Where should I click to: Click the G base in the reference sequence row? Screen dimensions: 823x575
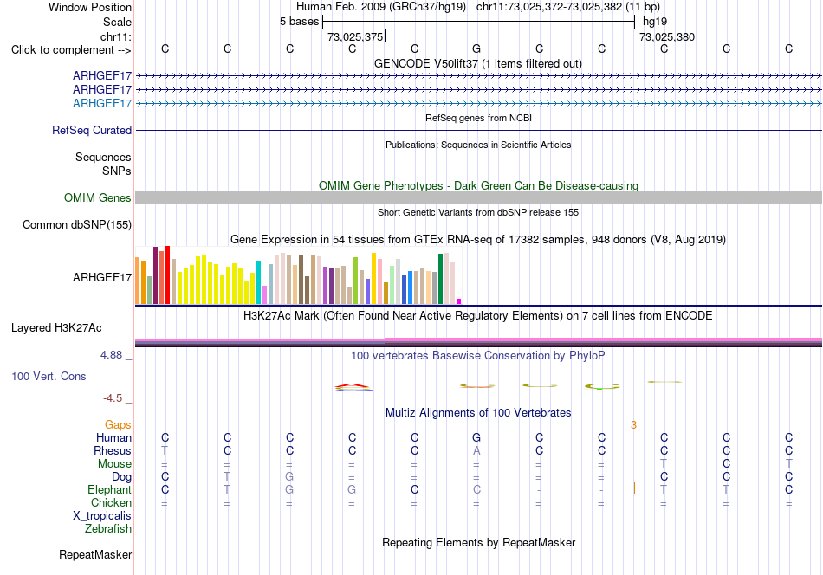pyautogui.click(x=476, y=48)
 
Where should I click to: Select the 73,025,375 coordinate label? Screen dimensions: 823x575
pyautogui.click(x=355, y=36)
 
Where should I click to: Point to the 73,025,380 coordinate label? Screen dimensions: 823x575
pyautogui.click(x=666, y=36)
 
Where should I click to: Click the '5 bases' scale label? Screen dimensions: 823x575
pyautogui.click(x=299, y=22)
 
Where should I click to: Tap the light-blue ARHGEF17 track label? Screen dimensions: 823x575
pyautogui.click(x=102, y=103)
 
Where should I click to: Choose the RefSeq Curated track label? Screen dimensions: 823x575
pyautogui.click(x=92, y=130)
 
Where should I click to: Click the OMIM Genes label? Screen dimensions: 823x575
pyautogui.click(x=98, y=197)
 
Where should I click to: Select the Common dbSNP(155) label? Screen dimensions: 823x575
pyautogui.click(x=77, y=224)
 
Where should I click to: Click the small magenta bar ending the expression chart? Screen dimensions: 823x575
pyautogui.click(x=459, y=301)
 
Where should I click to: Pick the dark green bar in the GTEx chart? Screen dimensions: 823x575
pyautogui.click(x=441, y=279)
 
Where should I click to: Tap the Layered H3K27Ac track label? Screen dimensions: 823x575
pyautogui.click(x=56, y=328)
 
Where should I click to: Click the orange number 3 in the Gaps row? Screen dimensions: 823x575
pyautogui.click(x=633, y=425)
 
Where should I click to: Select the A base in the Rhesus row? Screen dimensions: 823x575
pyautogui.click(x=476, y=450)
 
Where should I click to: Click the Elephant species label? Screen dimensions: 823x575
pyautogui.click(x=110, y=489)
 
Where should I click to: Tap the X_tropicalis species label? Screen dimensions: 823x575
pyautogui.click(x=102, y=516)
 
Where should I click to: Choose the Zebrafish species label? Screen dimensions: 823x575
pyautogui.click(x=108, y=529)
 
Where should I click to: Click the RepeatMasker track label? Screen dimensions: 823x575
pyautogui.click(x=95, y=555)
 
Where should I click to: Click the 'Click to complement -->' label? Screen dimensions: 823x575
pyautogui.click(x=71, y=50)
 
